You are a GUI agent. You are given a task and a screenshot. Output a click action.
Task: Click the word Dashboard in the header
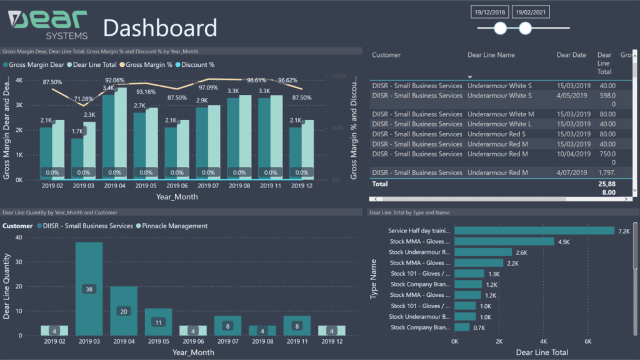(160, 28)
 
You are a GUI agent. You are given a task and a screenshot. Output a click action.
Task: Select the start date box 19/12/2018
(489, 12)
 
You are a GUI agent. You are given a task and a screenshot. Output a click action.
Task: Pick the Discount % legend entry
(195, 64)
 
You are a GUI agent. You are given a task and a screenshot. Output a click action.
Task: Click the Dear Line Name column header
(491, 55)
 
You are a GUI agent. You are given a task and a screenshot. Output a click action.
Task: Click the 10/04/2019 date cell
(571, 154)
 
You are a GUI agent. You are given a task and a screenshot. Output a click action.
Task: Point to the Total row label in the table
(380, 184)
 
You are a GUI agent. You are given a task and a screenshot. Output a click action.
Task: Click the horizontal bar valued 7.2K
(534, 231)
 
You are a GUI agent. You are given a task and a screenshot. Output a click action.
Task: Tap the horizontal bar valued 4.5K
(504, 241)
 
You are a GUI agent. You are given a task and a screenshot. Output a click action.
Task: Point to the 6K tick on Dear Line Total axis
(587, 342)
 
